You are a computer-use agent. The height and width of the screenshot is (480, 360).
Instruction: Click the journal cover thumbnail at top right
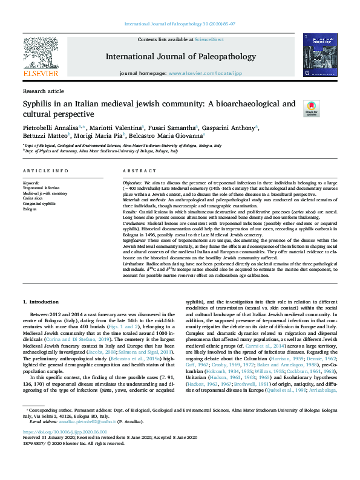[319, 57]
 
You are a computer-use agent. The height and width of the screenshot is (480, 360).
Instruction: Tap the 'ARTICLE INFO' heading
[45, 171]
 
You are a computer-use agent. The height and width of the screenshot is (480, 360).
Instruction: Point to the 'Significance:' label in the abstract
[137, 241]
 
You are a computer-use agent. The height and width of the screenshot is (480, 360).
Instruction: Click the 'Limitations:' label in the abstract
[136, 265]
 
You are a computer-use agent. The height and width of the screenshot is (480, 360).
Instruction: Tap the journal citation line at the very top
[180, 24]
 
